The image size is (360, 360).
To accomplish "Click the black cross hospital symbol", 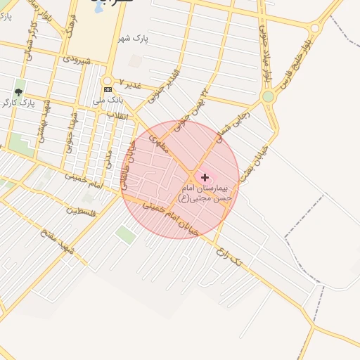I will coord(205,178).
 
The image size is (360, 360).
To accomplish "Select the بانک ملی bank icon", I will coord(108,90).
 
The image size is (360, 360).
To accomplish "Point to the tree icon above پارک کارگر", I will coord(18,92).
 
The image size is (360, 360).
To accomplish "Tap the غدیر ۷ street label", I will coord(130,84).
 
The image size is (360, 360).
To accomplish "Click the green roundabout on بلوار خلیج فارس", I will coord(267,96).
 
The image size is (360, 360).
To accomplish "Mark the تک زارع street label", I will coord(234,257).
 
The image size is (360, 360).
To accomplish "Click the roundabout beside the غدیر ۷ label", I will coord(108,80).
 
